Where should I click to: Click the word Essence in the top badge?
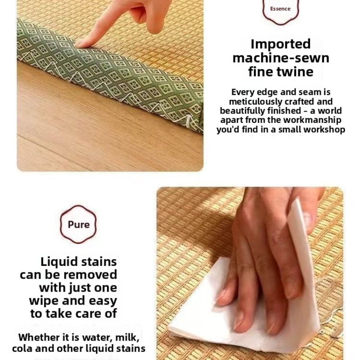tap(280, 9)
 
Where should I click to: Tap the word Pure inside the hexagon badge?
tap(78, 224)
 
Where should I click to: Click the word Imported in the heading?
tap(280, 44)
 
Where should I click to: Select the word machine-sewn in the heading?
tap(281, 58)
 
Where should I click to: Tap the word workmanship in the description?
tap(312, 120)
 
